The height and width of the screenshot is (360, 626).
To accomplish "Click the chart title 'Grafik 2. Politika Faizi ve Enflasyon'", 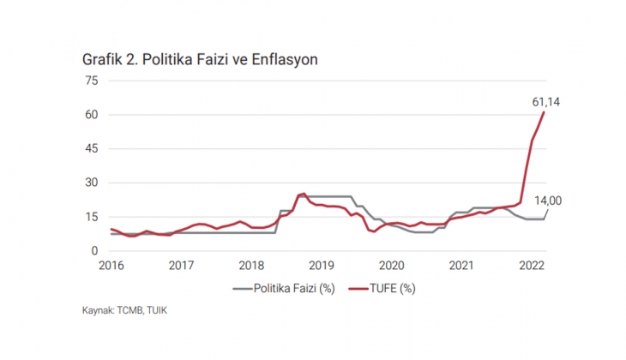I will coord(201,59).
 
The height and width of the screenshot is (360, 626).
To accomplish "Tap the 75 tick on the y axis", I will coord(92,81).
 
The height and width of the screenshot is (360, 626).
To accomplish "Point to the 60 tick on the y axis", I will coord(92,115).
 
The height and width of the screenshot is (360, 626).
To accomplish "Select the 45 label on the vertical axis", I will coord(92,148).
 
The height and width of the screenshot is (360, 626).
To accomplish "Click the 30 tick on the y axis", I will coord(92,183).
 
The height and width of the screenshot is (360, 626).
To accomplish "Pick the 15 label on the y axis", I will coord(92,217).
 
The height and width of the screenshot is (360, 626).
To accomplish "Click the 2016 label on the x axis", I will coord(111,265).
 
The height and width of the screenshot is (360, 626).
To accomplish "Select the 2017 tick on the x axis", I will coord(181,265).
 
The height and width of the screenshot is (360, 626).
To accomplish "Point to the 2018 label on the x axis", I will coord(251,265).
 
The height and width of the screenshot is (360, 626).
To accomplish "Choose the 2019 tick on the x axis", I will coord(322,265).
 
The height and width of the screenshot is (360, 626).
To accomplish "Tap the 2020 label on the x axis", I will coord(392,265).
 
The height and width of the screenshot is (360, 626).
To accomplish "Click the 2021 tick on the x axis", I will coord(462,265).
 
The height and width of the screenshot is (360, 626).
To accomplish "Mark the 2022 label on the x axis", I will coord(533,265).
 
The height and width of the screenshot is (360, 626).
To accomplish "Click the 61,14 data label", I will coord(546,102).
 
